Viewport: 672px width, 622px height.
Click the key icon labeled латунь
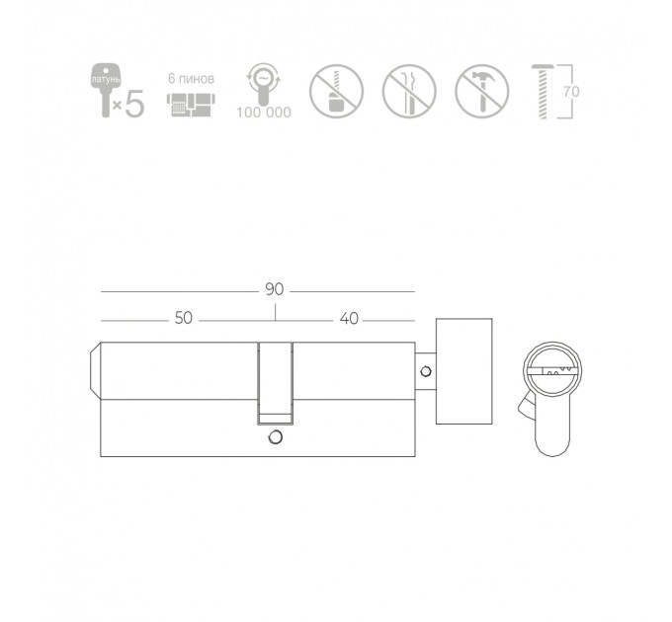click(x=106, y=90)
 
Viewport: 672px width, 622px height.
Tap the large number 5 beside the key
click(x=134, y=104)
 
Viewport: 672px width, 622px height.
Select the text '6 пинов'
click(x=191, y=78)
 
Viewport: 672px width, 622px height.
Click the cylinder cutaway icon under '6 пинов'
click(x=191, y=105)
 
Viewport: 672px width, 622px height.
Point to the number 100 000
click(x=264, y=113)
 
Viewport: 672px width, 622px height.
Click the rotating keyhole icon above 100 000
click(x=263, y=84)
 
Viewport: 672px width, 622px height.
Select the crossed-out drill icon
click(x=336, y=91)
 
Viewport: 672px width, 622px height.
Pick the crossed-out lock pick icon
click(x=409, y=91)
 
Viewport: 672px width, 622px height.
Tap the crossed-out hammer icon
click(x=482, y=91)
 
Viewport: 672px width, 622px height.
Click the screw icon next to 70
click(x=543, y=91)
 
